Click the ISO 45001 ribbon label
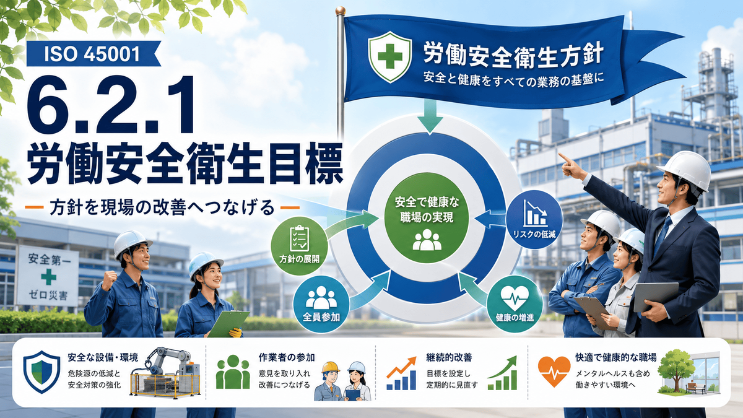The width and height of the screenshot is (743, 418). tap(93, 54)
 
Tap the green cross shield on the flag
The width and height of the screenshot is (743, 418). tap(389, 57)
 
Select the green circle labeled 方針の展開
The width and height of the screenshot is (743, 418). tap(299, 246)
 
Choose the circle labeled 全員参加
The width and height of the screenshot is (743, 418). tap(321, 304)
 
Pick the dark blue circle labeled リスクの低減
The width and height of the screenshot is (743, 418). tap(534, 219)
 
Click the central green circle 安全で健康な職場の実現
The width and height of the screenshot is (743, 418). tap(427, 217)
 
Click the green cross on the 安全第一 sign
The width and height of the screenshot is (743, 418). tap(48, 277)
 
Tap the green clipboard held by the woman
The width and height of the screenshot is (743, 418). tap(228, 323)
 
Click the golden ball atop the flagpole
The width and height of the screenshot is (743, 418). tap(341, 11)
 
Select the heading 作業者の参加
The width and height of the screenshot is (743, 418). tap(287, 358)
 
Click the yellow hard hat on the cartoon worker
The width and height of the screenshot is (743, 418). tap(331, 367)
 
